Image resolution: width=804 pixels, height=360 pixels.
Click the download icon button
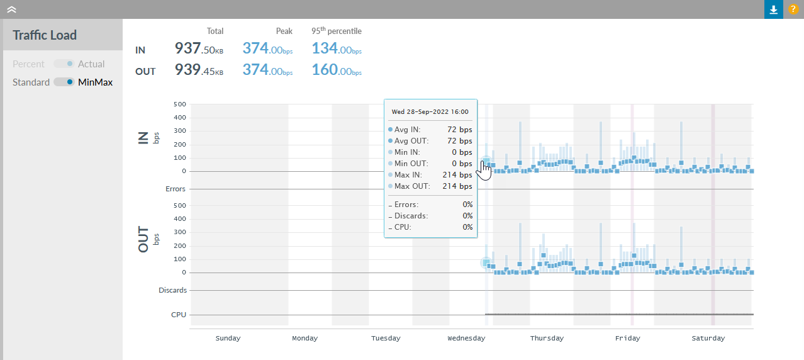point(774,9)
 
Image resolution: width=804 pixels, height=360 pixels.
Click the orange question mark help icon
point(793,9)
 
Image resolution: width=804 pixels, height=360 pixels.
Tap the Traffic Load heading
point(45,35)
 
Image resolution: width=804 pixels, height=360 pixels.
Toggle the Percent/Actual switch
point(64,64)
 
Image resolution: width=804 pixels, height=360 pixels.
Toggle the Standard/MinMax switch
point(64,82)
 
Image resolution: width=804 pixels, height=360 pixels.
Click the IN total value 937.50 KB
point(199,48)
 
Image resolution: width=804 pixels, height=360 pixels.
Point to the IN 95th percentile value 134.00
point(337,48)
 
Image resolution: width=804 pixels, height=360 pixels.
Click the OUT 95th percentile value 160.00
point(337,70)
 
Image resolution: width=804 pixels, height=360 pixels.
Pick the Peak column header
point(284,31)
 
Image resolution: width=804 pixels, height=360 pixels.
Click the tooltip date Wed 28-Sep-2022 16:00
point(430,111)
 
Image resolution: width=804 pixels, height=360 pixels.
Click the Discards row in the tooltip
point(430,216)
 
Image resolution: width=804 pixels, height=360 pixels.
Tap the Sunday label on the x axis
point(228,338)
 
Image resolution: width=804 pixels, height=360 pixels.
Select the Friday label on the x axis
point(627,338)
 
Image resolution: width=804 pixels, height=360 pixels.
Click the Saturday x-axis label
point(708,338)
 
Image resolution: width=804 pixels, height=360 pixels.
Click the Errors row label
point(176,189)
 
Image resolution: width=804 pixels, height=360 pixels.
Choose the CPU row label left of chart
point(179,315)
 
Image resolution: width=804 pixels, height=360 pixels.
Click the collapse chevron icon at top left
point(11,9)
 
